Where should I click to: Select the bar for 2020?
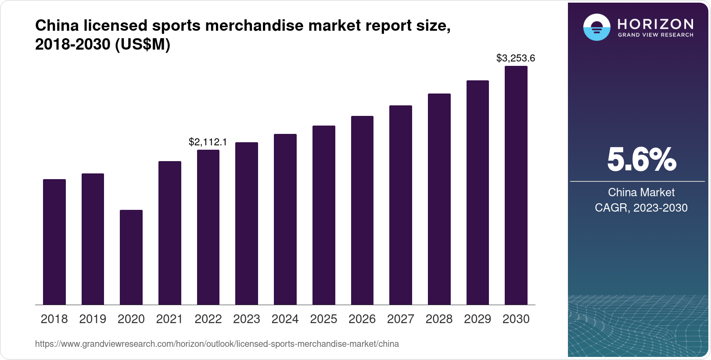(x=131, y=257)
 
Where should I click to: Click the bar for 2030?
(x=516, y=185)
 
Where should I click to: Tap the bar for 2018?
(x=54, y=242)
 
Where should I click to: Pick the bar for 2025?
(x=324, y=215)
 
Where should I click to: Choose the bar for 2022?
(x=208, y=227)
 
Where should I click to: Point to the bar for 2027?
(x=401, y=205)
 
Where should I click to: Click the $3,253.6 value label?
(x=516, y=58)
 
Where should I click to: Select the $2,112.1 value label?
(x=208, y=142)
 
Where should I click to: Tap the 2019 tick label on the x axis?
(x=93, y=319)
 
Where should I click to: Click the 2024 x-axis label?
(x=285, y=319)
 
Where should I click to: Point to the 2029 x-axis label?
(x=478, y=319)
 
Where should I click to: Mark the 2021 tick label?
(x=169, y=319)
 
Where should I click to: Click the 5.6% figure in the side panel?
(x=641, y=159)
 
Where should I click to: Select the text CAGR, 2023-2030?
(x=641, y=208)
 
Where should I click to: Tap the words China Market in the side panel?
(x=641, y=192)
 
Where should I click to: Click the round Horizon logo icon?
(x=596, y=27)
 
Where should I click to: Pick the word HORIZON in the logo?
(x=656, y=24)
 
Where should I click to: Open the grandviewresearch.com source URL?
(x=217, y=344)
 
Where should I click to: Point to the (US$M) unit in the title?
(x=142, y=44)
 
